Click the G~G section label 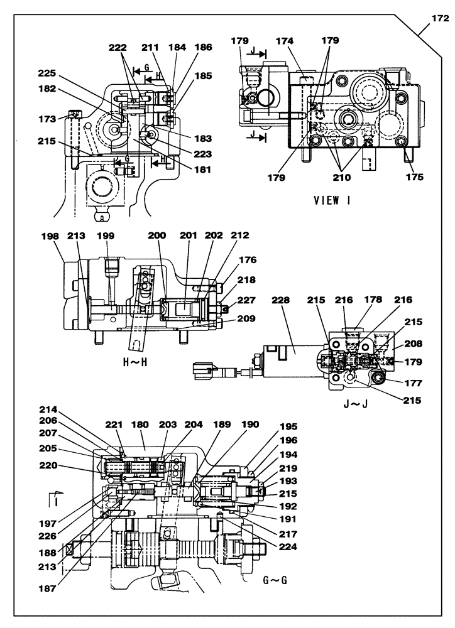275,580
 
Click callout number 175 414,178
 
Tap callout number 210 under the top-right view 342,178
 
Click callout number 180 140,425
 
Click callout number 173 47,118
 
